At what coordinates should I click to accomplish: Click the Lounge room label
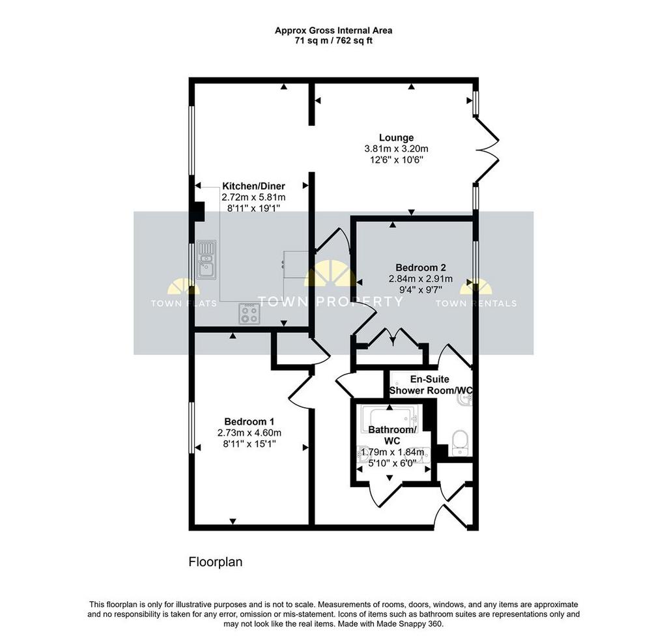396,138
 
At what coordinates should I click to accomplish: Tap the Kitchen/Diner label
253,186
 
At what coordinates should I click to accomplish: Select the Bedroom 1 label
249,421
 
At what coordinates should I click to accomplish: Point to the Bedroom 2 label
421,268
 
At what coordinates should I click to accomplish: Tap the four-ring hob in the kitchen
249,314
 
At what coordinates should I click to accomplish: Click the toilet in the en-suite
460,442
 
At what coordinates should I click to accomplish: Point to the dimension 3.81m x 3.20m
396,149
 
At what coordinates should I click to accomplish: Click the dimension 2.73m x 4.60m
249,433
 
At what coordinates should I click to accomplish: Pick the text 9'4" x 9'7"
421,290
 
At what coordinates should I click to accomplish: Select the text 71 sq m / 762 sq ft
333,41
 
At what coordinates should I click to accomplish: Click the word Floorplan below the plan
216,562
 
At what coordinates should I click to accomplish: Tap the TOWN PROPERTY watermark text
330,302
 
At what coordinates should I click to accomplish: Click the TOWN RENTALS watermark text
476,304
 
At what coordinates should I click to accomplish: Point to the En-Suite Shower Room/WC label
431,384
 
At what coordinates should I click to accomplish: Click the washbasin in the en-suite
465,399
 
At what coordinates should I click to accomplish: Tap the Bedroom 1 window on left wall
192,428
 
